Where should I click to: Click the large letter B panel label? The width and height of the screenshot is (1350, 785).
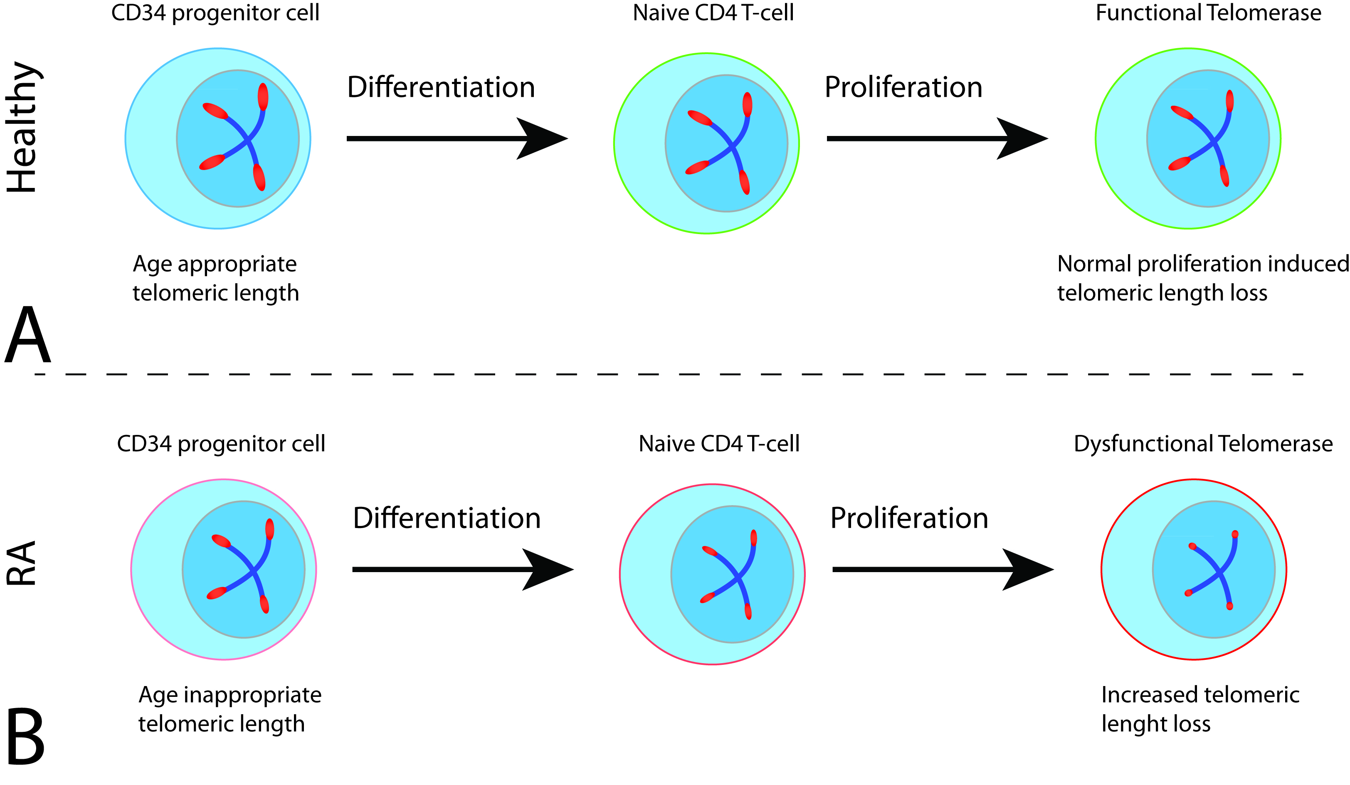coord(25,737)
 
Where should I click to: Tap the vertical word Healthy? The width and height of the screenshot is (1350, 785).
coord(22,127)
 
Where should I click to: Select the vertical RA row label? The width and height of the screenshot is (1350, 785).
coord(22,563)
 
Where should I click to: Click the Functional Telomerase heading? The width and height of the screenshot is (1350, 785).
coord(1208,13)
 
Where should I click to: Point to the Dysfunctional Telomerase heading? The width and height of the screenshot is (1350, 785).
coord(1203,444)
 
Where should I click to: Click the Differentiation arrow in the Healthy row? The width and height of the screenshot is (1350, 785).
coord(455,138)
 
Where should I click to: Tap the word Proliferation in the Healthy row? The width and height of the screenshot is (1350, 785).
coord(903,87)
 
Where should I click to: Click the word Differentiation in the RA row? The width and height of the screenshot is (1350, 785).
coord(447,518)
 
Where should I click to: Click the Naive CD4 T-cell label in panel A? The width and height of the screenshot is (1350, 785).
coord(713,13)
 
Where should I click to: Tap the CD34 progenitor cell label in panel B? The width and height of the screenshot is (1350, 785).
coord(221,444)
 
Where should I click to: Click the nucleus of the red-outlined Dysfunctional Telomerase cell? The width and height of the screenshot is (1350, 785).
coord(1213,569)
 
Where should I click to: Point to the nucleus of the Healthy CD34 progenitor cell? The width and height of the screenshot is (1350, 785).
coord(238,138)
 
